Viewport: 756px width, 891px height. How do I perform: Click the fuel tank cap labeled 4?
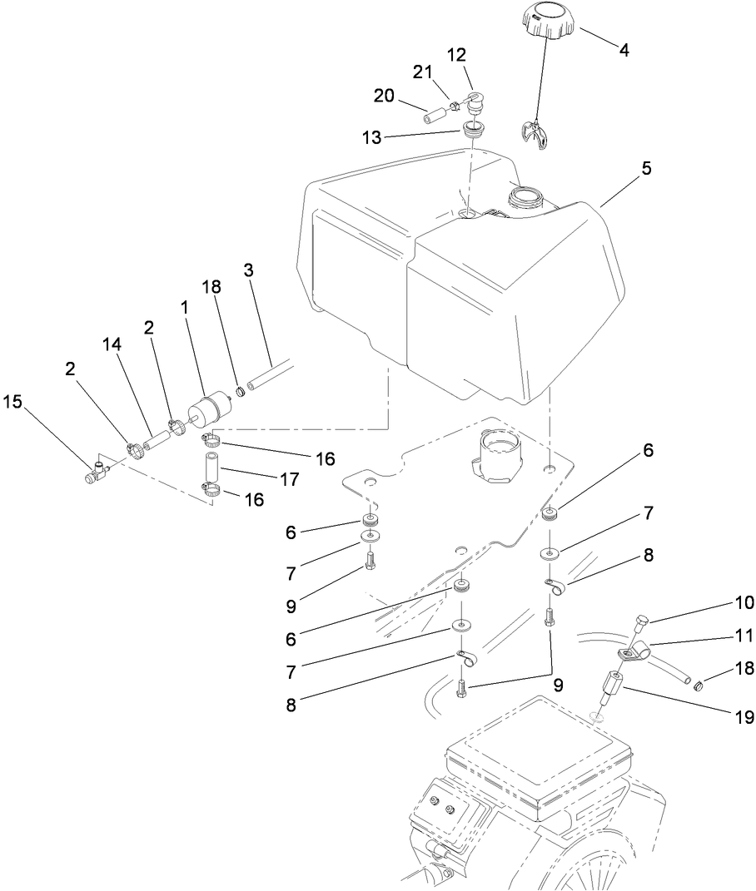click(545, 20)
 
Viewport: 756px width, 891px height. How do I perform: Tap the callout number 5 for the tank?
click(646, 168)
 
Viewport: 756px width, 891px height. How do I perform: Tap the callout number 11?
click(721, 636)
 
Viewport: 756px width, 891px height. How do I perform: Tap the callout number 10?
click(721, 601)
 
